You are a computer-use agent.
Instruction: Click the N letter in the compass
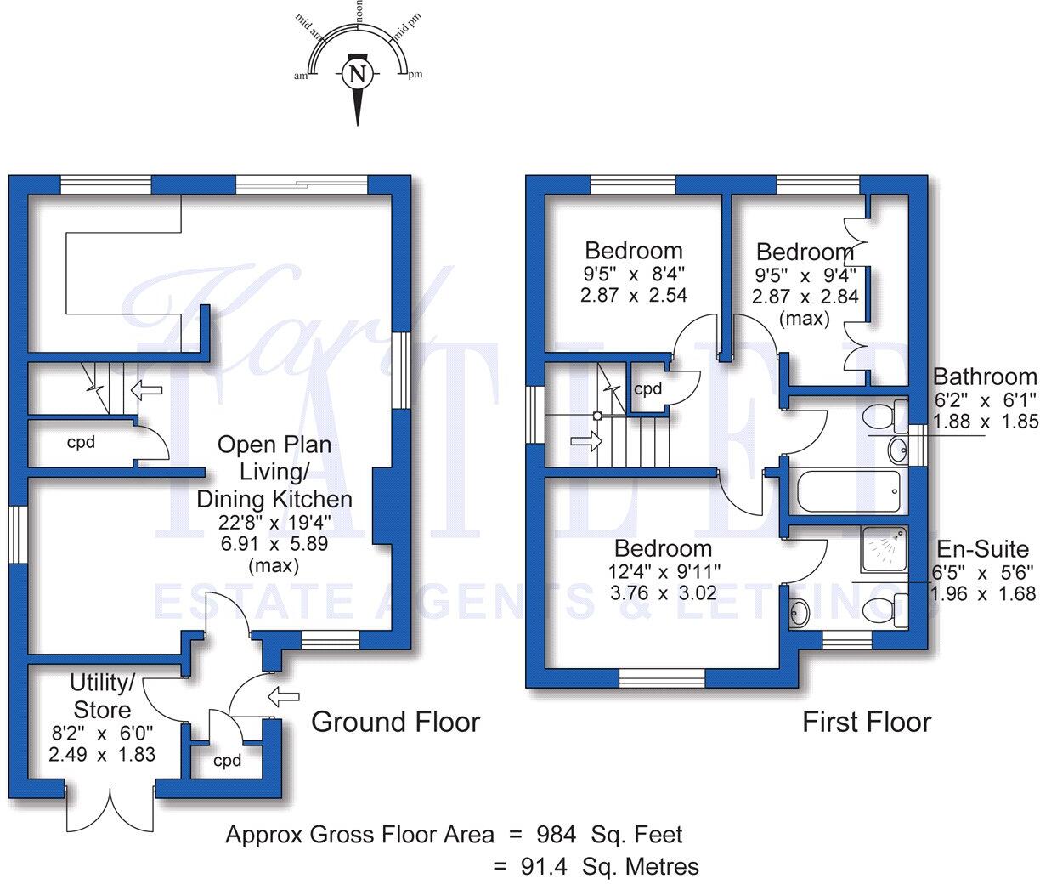(x=358, y=74)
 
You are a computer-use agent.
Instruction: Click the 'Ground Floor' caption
(x=395, y=722)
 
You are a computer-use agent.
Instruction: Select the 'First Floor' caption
(x=867, y=722)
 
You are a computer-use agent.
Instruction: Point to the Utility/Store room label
(x=102, y=696)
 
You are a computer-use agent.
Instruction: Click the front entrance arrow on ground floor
(x=284, y=697)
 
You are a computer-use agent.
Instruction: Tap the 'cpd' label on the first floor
(x=647, y=389)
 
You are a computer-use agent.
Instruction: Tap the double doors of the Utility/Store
(x=110, y=812)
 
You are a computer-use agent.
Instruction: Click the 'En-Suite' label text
(x=982, y=549)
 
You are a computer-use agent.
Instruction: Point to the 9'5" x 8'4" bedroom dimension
(x=633, y=274)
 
